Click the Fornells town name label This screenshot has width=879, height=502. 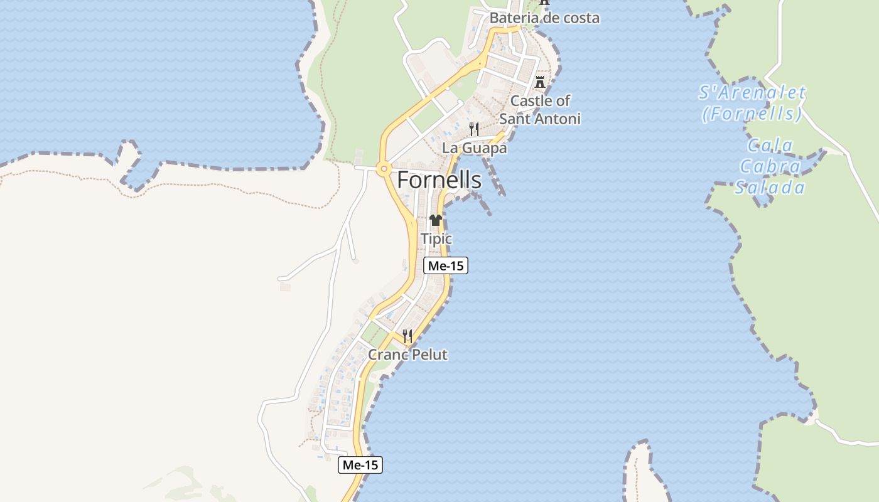[x=439, y=180]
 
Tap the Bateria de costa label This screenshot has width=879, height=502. [x=544, y=18]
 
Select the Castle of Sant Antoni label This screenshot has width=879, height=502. [x=540, y=109]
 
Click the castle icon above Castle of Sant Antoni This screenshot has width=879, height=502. [x=540, y=82]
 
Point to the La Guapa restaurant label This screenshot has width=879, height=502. [x=475, y=148]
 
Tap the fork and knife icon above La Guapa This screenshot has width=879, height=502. [x=475, y=129]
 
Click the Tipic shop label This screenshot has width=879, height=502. [x=436, y=239]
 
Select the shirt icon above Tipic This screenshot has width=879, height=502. [x=436, y=220]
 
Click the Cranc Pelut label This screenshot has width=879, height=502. [x=407, y=355]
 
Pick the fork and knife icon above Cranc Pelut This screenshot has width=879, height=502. [x=407, y=336]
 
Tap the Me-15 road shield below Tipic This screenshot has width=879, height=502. [x=446, y=265]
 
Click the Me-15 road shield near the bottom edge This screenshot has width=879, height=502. [x=360, y=465]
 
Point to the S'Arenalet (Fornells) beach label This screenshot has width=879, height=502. [x=752, y=103]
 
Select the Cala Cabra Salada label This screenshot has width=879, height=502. [x=770, y=167]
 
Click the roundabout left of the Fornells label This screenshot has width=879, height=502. [x=382, y=168]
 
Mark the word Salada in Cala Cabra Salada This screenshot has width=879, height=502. [x=770, y=188]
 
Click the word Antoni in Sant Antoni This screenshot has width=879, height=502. [x=559, y=119]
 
